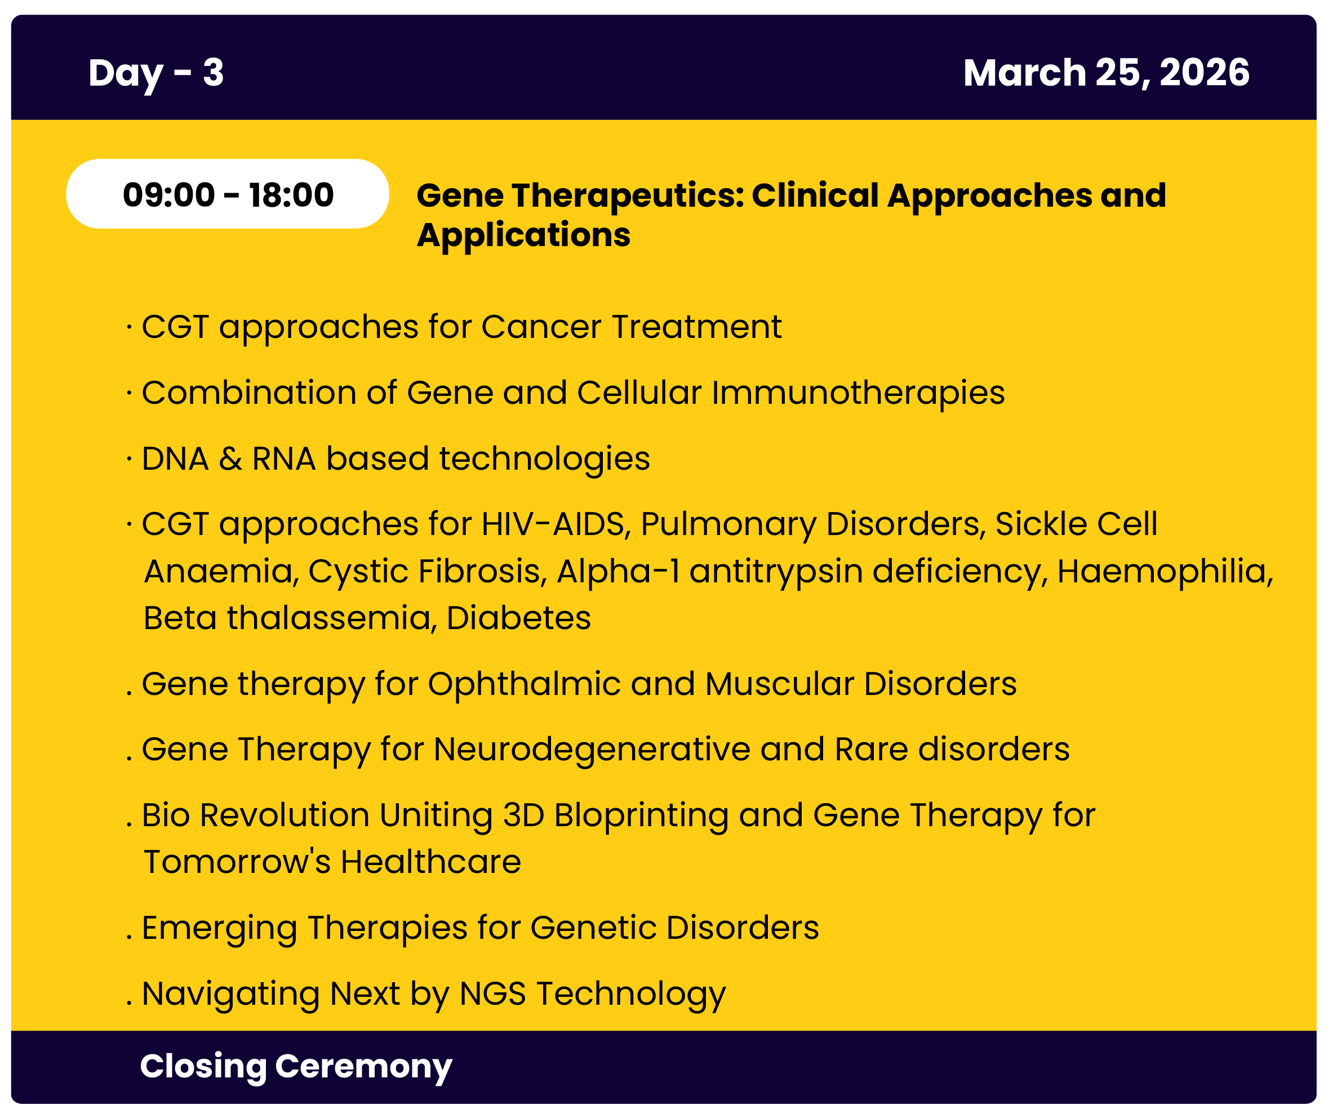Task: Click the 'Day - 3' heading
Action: (x=157, y=73)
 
